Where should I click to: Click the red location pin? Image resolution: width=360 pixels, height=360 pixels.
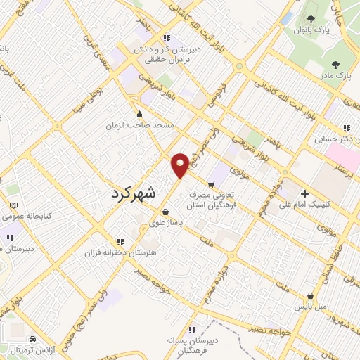coord(181,165)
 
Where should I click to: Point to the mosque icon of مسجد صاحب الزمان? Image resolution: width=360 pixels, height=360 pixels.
coord(139,114)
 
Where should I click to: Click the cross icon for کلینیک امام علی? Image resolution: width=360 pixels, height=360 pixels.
coord(304,193)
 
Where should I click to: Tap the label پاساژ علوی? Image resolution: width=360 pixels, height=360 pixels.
coord(166,224)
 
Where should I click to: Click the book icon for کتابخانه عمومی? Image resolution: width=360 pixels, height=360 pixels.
coord(13,205)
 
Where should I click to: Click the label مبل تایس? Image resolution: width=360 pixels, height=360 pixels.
coord(309,307)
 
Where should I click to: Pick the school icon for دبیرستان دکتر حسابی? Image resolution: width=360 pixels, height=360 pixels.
coord(346,128)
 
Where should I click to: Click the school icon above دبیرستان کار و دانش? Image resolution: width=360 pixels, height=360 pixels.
coord(166,38)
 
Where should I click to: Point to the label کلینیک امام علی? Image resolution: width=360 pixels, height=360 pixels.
coord(304,205)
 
